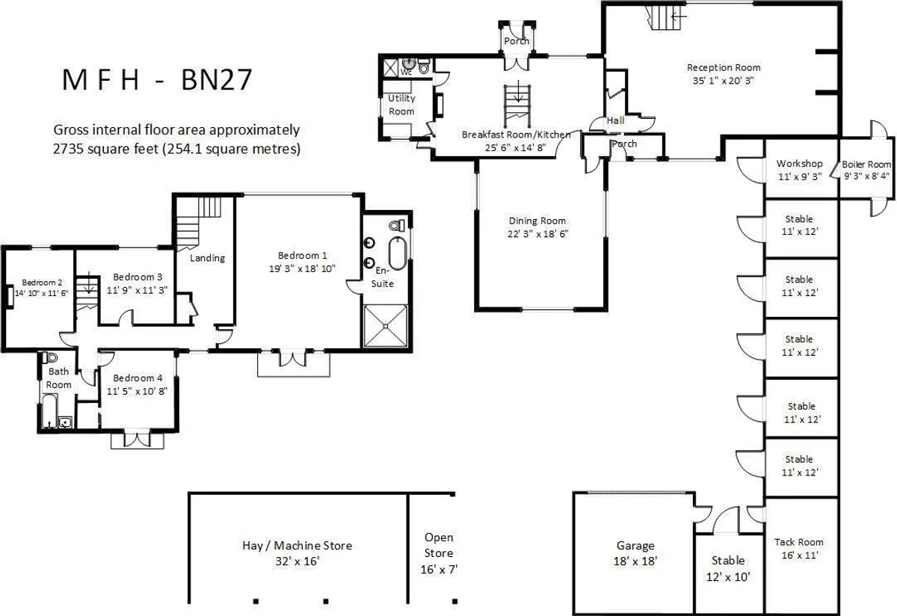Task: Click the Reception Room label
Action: [724, 68]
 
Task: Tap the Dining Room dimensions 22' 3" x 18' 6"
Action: [537, 234]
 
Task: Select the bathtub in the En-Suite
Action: [397, 253]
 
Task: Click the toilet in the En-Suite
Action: [396, 226]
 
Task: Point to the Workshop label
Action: [799, 164]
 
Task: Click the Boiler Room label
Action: [866, 164]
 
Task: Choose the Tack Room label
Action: [799, 542]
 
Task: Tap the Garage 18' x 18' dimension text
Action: [635, 561]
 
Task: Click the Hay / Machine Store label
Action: [298, 546]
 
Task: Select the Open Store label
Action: [439, 545]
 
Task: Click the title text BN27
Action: [217, 80]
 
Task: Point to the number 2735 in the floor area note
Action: [69, 149]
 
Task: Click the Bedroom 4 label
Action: [138, 378]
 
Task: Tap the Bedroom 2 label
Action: [42, 283]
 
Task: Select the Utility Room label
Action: [401, 105]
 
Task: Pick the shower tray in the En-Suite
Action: [386, 326]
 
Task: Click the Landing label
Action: [208, 258]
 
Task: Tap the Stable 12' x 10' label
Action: [728, 569]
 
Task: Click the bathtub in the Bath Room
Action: [50, 411]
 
